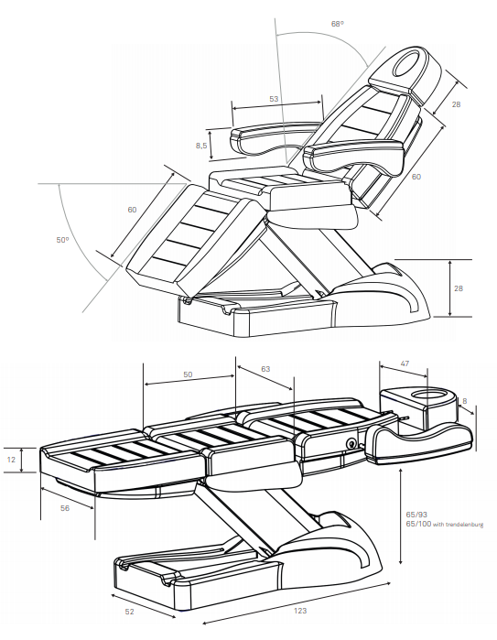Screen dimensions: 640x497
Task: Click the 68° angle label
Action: pyautogui.click(x=338, y=22)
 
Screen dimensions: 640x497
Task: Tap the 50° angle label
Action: pyautogui.click(x=62, y=240)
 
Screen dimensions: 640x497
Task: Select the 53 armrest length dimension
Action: pyautogui.click(x=274, y=98)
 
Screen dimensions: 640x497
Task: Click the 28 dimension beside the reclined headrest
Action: pyautogui.click(x=456, y=104)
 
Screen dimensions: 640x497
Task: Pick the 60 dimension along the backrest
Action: pyautogui.click(x=416, y=177)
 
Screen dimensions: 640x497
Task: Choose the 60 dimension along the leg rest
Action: pyautogui.click(x=132, y=210)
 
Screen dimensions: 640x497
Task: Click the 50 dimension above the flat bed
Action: pyautogui.click(x=188, y=375)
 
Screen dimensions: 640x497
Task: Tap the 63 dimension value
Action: pyautogui.click(x=265, y=369)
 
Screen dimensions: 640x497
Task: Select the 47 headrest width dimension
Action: pyautogui.click(x=404, y=363)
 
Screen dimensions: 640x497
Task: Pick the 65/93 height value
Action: pyautogui.click(x=416, y=515)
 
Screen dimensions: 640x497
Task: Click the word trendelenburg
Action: pyautogui.click(x=466, y=525)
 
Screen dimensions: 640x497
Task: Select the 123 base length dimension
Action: pyautogui.click(x=301, y=611)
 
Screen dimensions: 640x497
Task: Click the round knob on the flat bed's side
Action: pyautogui.click(x=351, y=443)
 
